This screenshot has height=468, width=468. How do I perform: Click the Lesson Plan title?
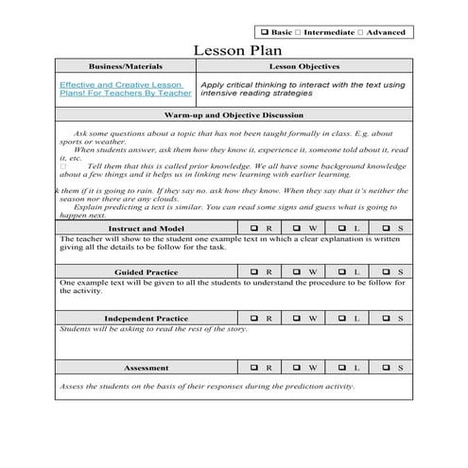[234, 49]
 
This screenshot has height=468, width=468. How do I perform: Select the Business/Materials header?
[125, 67]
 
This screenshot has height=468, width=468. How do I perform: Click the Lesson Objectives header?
[304, 67]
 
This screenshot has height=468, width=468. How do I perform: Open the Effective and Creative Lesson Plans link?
[125, 89]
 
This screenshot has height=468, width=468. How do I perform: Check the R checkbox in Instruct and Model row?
[255, 228]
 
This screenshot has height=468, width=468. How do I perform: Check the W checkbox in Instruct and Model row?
[298, 228]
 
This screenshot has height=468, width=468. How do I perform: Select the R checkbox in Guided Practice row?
[255, 272]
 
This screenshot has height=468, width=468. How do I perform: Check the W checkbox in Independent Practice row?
[298, 318]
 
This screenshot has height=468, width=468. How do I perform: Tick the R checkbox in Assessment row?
[255, 367]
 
